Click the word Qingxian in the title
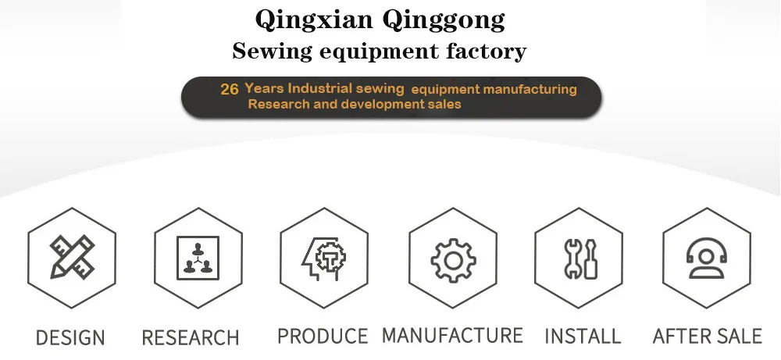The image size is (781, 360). click(302, 20)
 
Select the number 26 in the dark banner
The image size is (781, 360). click(230, 90)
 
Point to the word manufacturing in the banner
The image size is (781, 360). click(530, 89)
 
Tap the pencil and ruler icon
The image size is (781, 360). click(72, 257)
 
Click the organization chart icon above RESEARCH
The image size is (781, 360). click(198, 257)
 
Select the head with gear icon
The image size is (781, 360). click(324, 257)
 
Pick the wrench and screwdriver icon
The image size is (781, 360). click(580, 258)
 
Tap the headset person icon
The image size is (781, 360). click(707, 257)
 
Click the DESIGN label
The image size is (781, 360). click(70, 338)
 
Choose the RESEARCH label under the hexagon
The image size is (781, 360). click(191, 338)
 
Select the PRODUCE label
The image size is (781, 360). click(323, 337)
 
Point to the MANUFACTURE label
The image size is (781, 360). click(452, 336)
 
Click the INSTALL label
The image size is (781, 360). click(583, 337)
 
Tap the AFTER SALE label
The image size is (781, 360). click(707, 337)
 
